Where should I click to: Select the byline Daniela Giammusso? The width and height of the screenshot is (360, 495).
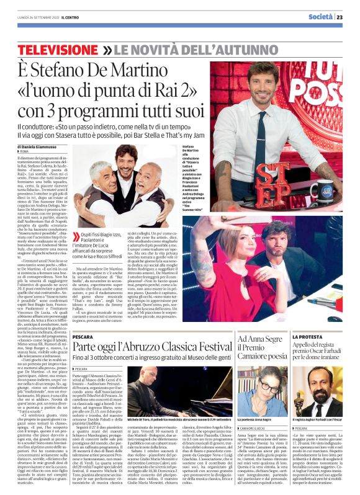point(41,146)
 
